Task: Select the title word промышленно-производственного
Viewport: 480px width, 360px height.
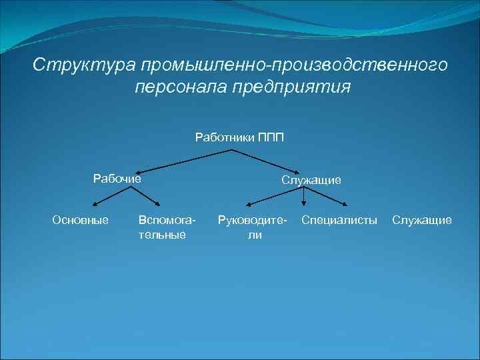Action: [291, 65]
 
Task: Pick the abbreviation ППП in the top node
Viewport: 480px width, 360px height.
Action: [271, 138]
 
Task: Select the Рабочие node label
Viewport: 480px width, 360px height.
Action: [117, 178]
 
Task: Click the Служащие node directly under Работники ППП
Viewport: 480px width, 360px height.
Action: [311, 180]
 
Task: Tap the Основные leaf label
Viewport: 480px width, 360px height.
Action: [81, 220]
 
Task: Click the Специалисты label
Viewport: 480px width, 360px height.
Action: [339, 220]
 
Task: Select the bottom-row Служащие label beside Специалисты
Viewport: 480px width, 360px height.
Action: [422, 220]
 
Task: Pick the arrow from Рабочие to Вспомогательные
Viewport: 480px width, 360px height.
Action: [143, 197]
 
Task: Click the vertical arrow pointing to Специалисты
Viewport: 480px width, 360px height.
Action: [304, 196]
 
